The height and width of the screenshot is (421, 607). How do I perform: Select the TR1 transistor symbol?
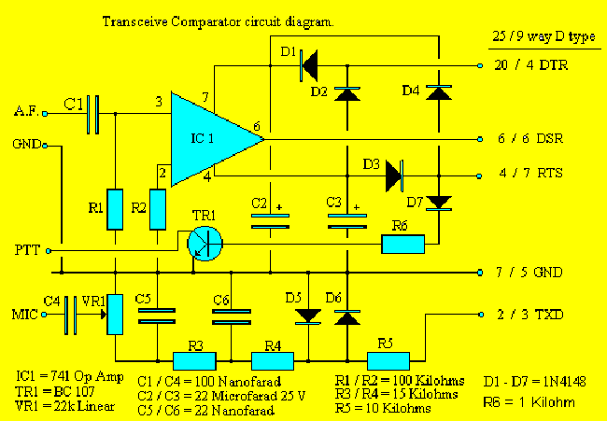pyautogui.click(x=205, y=244)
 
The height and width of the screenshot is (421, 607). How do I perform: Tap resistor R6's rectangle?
pyautogui.click(x=403, y=244)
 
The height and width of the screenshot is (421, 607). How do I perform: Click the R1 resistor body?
pyautogui.click(x=115, y=209)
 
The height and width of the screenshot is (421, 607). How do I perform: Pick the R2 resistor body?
pyautogui.click(x=158, y=209)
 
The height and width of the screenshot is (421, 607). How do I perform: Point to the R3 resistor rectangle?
pyautogui.click(x=194, y=361)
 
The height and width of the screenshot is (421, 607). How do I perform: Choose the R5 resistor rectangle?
pyautogui.click(x=388, y=361)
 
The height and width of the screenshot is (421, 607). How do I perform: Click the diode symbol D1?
pyautogui.click(x=309, y=65)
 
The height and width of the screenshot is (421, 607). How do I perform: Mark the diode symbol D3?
pyautogui.click(x=395, y=176)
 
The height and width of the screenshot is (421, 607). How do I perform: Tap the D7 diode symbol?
pyautogui.click(x=439, y=203)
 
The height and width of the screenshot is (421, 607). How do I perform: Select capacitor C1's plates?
pyautogui.click(x=92, y=114)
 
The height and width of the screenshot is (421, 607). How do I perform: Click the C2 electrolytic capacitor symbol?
pyautogui.click(x=270, y=221)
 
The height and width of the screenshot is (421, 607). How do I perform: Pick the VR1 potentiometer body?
pyautogui.click(x=115, y=315)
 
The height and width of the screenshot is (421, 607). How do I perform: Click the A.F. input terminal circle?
pyautogui.click(x=45, y=114)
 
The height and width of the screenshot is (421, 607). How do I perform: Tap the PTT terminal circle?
pyautogui.click(x=49, y=251)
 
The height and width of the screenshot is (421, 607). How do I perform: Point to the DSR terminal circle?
pyautogui.click(x=480, y=139)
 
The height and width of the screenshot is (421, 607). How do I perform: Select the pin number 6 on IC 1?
pyautogui.click(x=257, y=126)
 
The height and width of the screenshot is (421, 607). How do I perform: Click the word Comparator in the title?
pyautogui.click(x=206, y=22)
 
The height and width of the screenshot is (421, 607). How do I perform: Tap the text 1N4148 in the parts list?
pyautogui.click(x=564, y=382)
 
